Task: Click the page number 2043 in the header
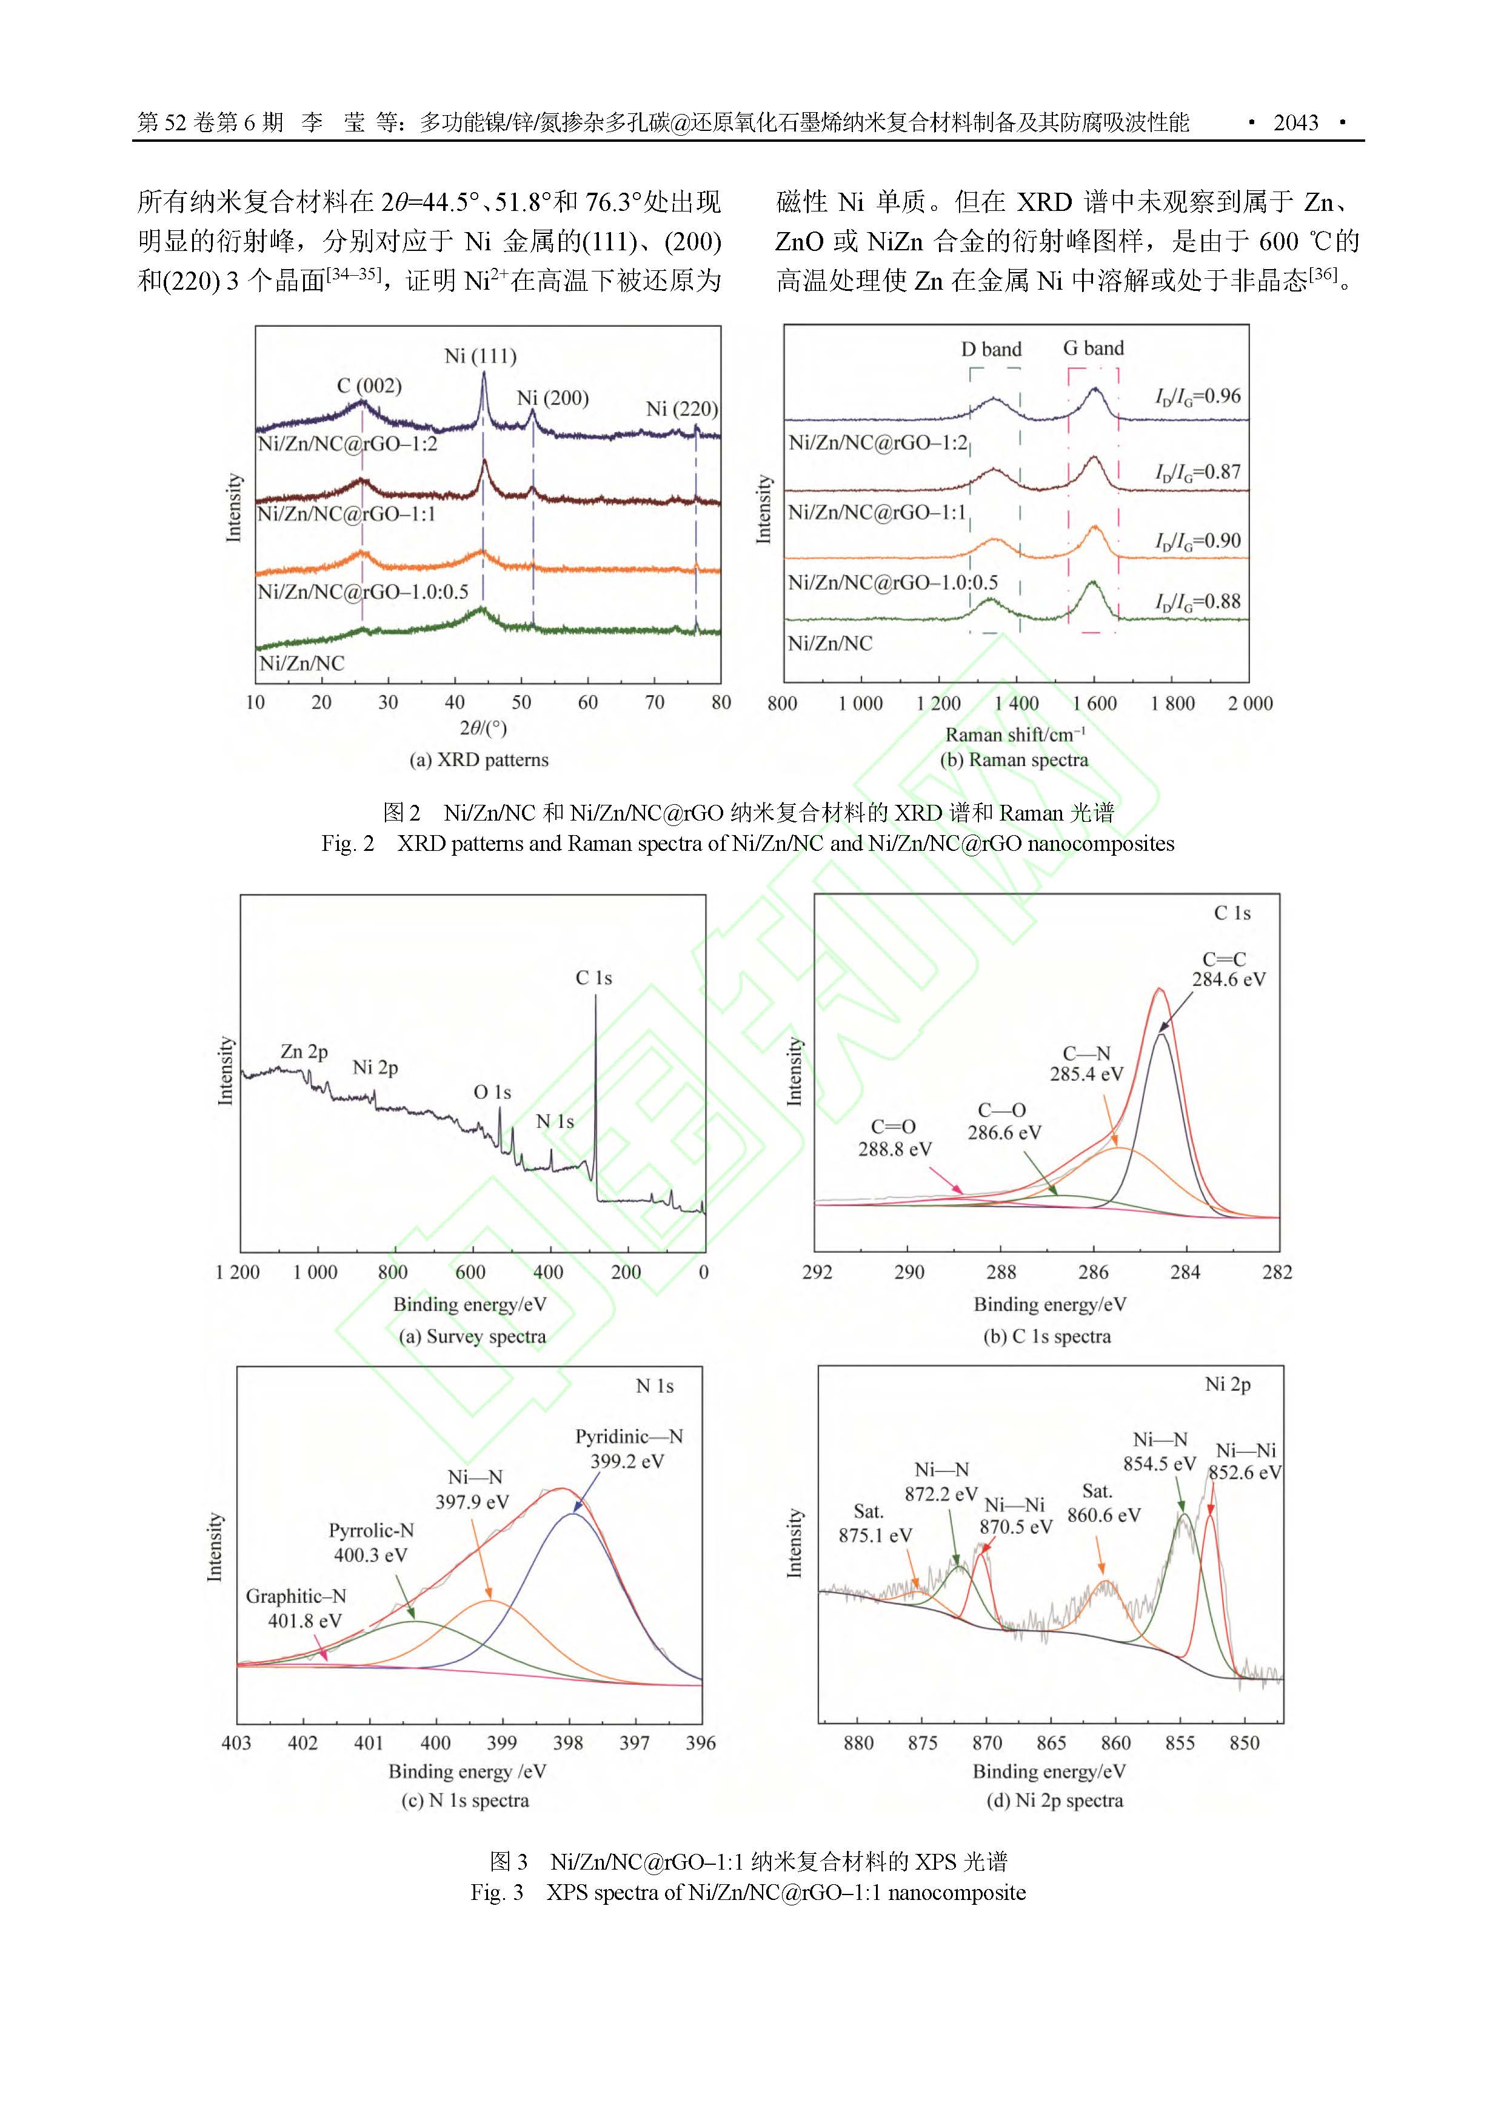(1295, 122)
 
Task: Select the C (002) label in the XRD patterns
(369, 385)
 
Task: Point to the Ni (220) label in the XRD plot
(681, 408)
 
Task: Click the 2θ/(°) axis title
(483, 728)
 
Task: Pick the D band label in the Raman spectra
(991, 349)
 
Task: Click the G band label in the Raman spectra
(1093, 348)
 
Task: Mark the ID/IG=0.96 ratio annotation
(1197, 396)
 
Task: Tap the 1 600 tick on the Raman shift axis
(1095, 704)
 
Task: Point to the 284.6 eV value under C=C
(1228, 979)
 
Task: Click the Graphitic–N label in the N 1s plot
(295, 1596)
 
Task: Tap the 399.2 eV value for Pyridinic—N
(627, 1461)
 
